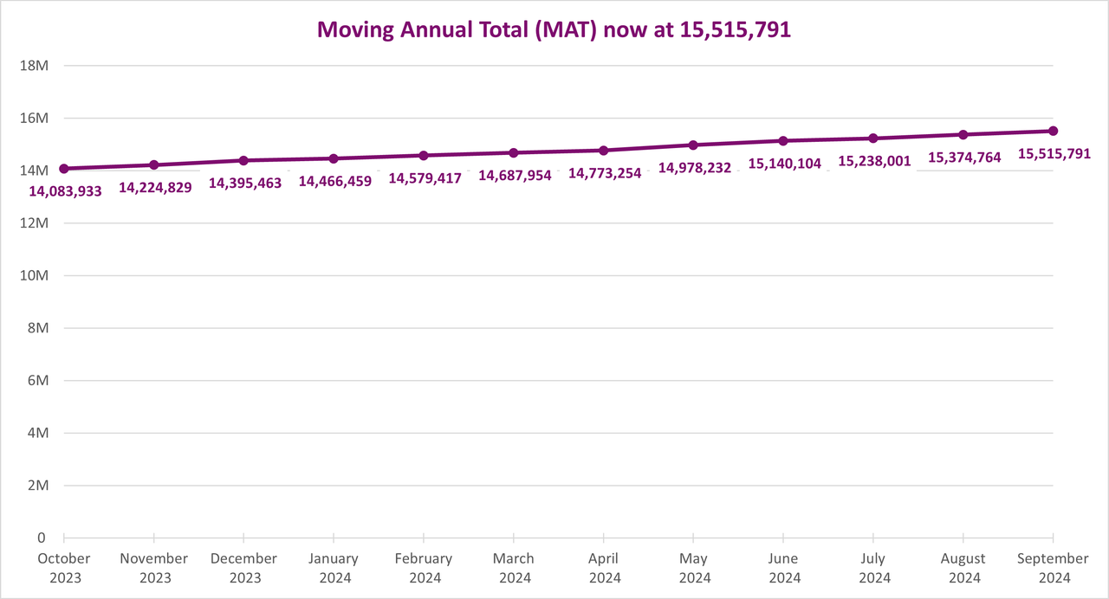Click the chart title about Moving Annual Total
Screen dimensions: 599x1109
coord(554,29)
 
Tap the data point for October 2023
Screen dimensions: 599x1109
coord(64,169)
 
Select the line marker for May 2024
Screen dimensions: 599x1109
coord(693,145)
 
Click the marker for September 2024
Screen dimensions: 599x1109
coord(1054,131)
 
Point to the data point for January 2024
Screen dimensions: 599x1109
coord(334,158)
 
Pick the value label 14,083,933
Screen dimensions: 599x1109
coord(66,190)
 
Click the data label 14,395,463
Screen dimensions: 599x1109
coord(245,184)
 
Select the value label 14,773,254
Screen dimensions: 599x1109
coord(605,173)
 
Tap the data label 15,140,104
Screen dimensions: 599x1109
coord(785,164)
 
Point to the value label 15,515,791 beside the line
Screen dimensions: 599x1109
coord(1054,154)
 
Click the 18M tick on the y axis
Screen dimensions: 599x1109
coord(33,66)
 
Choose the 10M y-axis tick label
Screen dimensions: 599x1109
coord(33,275)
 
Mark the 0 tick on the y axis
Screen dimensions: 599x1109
coord(42,538)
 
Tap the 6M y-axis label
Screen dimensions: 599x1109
coord(36,381)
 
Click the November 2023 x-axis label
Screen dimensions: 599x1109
coord(154,568)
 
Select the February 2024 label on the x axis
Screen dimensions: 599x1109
coord(424,568)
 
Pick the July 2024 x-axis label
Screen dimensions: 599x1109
coord(873,568)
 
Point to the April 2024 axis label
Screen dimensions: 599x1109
coord(604,568)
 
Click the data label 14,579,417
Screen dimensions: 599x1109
coord(425,178)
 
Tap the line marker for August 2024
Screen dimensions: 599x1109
coord(963,134)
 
